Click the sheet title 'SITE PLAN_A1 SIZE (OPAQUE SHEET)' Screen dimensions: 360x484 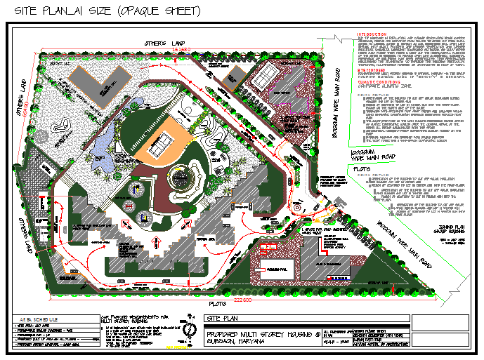[x=102, y=11]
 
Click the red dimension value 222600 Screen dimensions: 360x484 [x=242, y=300]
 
